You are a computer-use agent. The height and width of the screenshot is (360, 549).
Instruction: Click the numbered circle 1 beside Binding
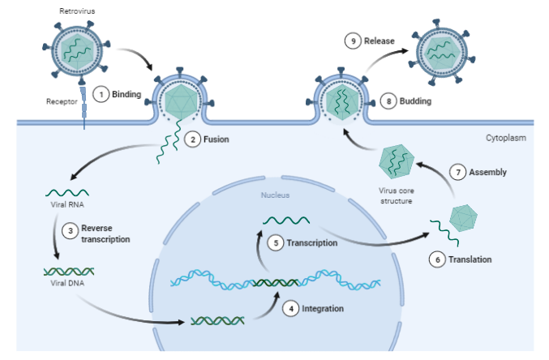tap(101, 95)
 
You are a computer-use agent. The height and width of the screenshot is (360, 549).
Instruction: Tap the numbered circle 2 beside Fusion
tap(192, 139)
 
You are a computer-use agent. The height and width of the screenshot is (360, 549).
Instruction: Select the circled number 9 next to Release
tap(351, 41)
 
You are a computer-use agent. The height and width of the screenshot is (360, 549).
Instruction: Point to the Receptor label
tap(62, 102)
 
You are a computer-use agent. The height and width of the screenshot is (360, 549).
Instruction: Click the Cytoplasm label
tap(506, 139)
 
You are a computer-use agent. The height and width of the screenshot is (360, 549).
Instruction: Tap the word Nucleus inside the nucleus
tap(275, 195)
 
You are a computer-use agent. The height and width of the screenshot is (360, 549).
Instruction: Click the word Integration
tap(323, 309)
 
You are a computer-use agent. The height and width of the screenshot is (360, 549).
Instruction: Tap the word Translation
tap(470, 259)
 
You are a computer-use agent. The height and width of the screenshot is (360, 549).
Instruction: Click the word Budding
tap(414, 101)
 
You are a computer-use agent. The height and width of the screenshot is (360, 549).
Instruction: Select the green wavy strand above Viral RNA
tap(67, 192)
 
